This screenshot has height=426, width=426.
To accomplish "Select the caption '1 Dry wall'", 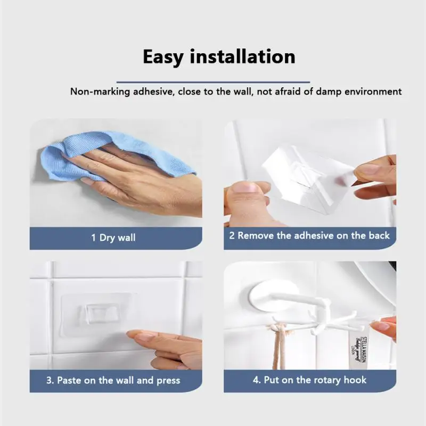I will tap(113, 237).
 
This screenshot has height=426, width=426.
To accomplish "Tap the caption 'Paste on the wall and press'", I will tap(118, 380).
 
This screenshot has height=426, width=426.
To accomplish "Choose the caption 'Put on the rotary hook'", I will tap(309, 380).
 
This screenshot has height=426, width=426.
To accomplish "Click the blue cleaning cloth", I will tap(106, 154).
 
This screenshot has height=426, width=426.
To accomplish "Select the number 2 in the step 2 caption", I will tap(232, 235).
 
